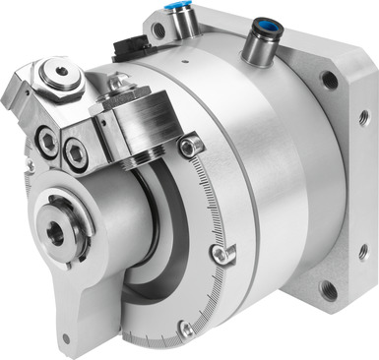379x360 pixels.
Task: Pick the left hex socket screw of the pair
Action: click(46, 141)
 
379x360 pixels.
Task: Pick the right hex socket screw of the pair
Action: click(76, 150)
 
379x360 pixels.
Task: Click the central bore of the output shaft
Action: click(55, 233)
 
